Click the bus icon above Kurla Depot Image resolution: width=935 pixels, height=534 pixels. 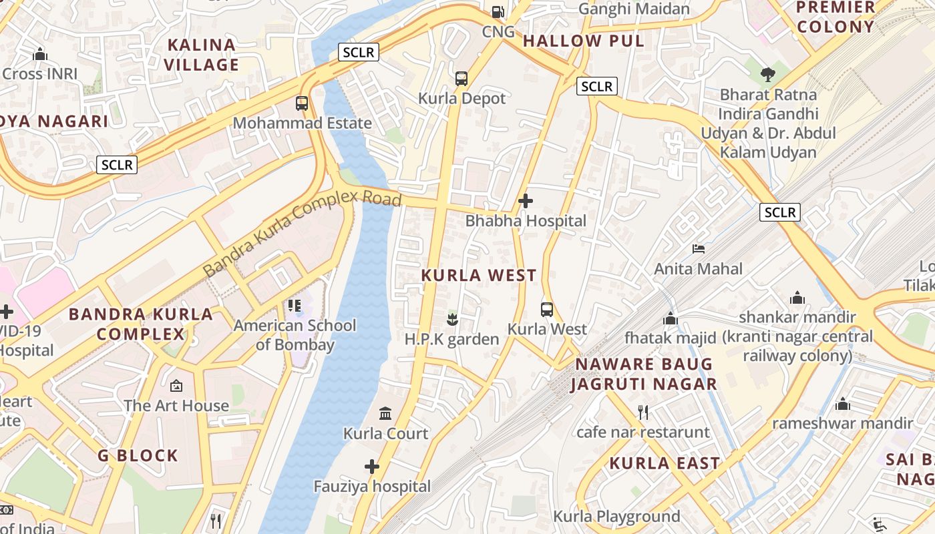461,79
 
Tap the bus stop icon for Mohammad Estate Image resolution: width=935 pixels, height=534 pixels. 302,103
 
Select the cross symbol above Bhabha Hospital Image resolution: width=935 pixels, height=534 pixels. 526,200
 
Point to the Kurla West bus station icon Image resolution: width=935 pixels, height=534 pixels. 547,309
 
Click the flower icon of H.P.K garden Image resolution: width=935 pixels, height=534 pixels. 452,319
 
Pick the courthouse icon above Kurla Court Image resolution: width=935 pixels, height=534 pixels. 385,414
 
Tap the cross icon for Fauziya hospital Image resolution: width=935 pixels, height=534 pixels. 372,466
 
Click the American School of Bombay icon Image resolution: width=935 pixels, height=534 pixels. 295,306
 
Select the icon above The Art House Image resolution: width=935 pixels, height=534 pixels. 176,386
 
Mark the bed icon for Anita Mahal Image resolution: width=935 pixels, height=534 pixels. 699,249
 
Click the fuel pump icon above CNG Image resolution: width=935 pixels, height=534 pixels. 498,11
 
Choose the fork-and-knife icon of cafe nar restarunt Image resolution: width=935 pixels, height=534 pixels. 642,412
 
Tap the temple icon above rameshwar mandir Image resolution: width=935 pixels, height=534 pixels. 842,404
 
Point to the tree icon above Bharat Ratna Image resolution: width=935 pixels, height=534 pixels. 768,74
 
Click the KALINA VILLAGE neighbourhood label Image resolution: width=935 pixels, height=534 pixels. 202,55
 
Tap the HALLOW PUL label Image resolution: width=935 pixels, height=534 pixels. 583,41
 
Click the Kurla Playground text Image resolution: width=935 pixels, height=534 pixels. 616,516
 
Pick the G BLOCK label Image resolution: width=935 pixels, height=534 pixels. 138,456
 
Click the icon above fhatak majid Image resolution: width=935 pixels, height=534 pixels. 670,318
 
